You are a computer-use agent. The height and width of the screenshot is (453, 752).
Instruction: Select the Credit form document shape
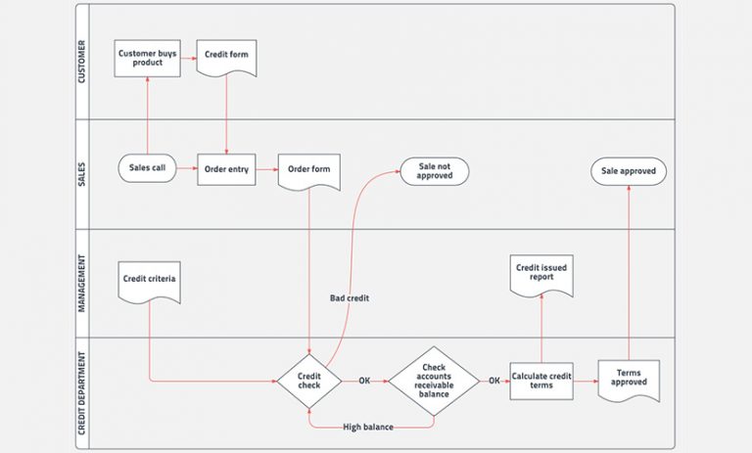click(x=226, y=56)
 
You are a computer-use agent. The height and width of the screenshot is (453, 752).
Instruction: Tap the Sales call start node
click(x=148, y=168)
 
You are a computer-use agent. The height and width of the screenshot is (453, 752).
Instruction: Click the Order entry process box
click(x=226, y=168)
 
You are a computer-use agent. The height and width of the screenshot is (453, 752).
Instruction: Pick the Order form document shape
click(x=308, y=169)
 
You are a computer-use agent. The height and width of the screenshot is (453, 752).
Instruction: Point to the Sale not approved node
click(x=434, y=171)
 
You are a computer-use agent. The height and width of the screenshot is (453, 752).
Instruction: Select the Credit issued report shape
click(x=541, y=273)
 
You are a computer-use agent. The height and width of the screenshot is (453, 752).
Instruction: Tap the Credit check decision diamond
click(x=308, y=380)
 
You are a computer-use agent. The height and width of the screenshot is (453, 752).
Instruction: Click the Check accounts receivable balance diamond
click(x=434, y=380)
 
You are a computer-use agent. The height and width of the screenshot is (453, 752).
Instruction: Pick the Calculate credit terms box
click(x=541, y=380)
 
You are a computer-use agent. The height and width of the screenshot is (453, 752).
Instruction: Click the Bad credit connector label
click(x=352, y=297)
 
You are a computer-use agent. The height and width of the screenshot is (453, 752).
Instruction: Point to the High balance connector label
click(x=368, y=427)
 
